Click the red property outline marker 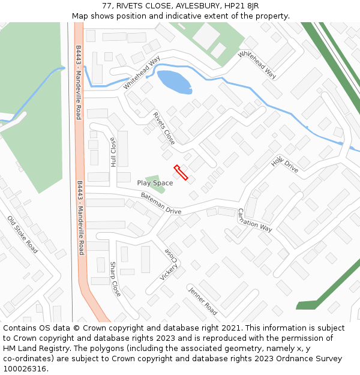point(181,172)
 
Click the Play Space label point(155,183)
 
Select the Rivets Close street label point(164,128)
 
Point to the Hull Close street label point(113,152)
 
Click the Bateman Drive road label point(161,203)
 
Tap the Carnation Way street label point(255,220)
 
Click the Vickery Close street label point(169,265)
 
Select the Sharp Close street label point(115,279)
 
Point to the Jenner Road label point(203,301)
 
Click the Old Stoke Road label point(23,234)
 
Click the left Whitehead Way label point(142,73)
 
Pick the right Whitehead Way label point(257,65)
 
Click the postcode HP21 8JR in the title point(238,6)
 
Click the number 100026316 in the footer point(25,368)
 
